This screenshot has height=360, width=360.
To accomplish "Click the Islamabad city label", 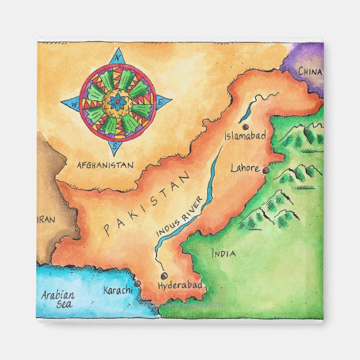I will (244, 136).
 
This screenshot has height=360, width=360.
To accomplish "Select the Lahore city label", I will (244, 168).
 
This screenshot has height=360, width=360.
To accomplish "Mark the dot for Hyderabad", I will (163, 276).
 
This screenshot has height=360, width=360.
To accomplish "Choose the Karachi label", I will (118, 290).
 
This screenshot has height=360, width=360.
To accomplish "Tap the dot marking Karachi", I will (137, 284).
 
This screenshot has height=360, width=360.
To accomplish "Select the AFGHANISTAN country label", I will (105, 165).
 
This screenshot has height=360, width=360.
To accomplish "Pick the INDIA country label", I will (224, 254).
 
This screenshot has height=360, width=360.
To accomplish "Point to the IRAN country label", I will (47, 220).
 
